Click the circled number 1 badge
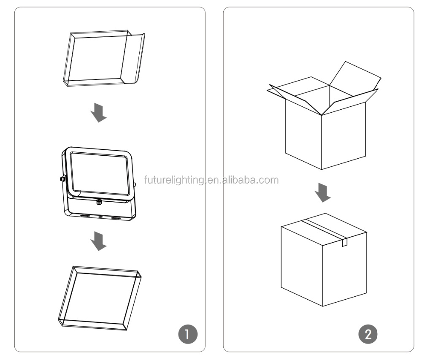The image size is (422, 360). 188,334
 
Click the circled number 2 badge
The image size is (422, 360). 368,334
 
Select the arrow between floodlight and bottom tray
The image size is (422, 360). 98,241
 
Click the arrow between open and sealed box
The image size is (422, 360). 322,192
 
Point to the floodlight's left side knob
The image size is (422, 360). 62,179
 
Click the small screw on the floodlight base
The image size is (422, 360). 99,202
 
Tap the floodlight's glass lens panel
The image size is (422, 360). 100,173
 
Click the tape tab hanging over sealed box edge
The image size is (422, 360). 344,242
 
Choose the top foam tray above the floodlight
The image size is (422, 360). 104,58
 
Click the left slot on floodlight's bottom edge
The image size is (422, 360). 86,216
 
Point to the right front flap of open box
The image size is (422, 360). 350,101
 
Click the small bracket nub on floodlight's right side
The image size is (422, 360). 135,184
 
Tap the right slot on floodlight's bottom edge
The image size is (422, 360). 116,218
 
